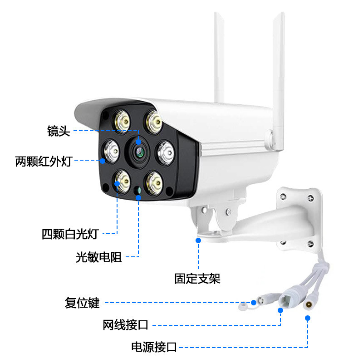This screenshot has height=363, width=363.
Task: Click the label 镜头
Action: pyautogui.click(x=59, y=131)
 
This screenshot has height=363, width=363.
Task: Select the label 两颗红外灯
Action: pyautogui.click(x=44, y=161)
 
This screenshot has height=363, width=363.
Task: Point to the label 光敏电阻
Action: pyautogui.click(x=98, y=257)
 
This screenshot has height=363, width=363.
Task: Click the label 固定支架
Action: pyautogui.click(x=197, y=278)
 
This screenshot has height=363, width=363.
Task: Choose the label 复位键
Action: pyautogui.click(x=82, y=303)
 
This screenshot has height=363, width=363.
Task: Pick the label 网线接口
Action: pyautogui.click(x=125, y=325)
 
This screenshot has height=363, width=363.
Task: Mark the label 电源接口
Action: pyautogui.click(x=154, y=348)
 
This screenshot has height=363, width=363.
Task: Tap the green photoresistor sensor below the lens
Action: pyautogui.click(x=138, y=190)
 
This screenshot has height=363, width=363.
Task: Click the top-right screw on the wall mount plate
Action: pyautogui.click(x=311, y=197)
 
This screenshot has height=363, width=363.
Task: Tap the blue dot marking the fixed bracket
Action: pyautogui.click(x=198, y=240)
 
